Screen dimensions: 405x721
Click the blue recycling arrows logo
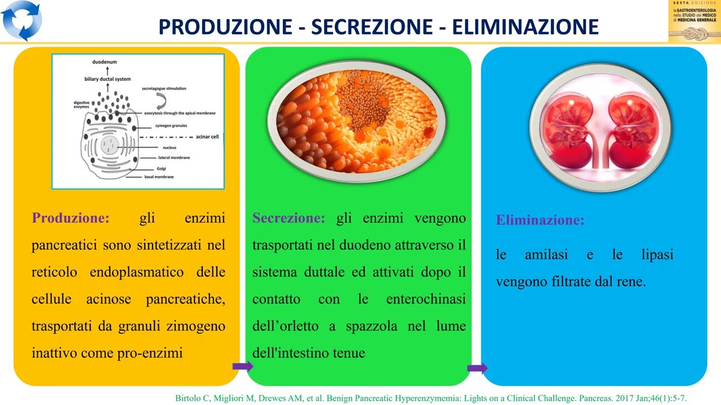pyautogui.click(x=22, y=21)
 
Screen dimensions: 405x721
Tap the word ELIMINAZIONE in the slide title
pyautogui.click(x=534, y=26)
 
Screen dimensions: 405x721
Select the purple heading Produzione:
pyautogui.click(x=71, y=218)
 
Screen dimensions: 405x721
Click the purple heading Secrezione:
pyautogui.click(x=288, y=218)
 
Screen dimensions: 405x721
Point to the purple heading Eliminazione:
pyautogui.click(x=540, y=220)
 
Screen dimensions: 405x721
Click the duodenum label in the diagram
pyautogui.click(x=105, y=61)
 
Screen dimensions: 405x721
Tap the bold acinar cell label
pyautogui.click(x=207, y=136)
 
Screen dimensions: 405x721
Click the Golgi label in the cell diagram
pyautogui.click(x=162, y=168)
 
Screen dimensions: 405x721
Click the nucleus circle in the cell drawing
pyautogui.click(x=110, y=147)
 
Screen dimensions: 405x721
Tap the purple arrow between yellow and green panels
pyautogui.click(x=242, y=367)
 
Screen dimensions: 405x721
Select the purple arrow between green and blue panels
pyautogui.click(x=477, y=368)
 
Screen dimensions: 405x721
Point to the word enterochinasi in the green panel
pyautogui.click(x=426, y=299)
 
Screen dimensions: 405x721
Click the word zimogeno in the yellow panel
pyautogui.click(x=199, y=326)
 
